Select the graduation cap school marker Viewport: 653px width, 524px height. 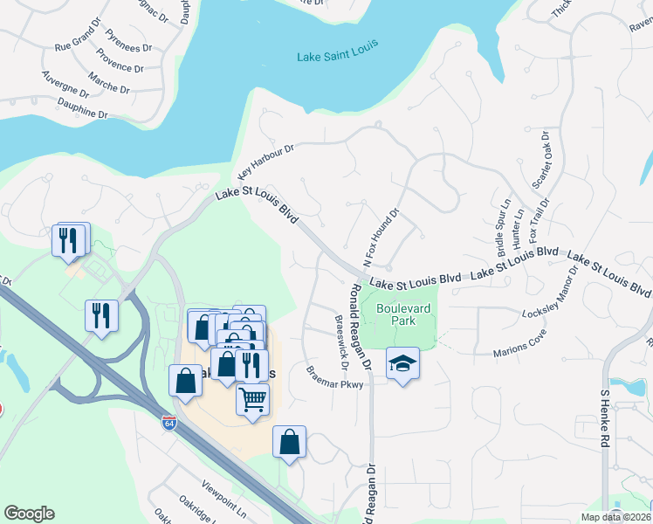(402, 362)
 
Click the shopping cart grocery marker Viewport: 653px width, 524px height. (252, 399)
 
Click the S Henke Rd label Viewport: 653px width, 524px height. (603, 418)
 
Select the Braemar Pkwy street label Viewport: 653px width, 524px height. (334, 376)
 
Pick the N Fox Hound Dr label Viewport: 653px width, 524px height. (381, 237)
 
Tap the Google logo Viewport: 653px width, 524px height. (29, 514)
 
